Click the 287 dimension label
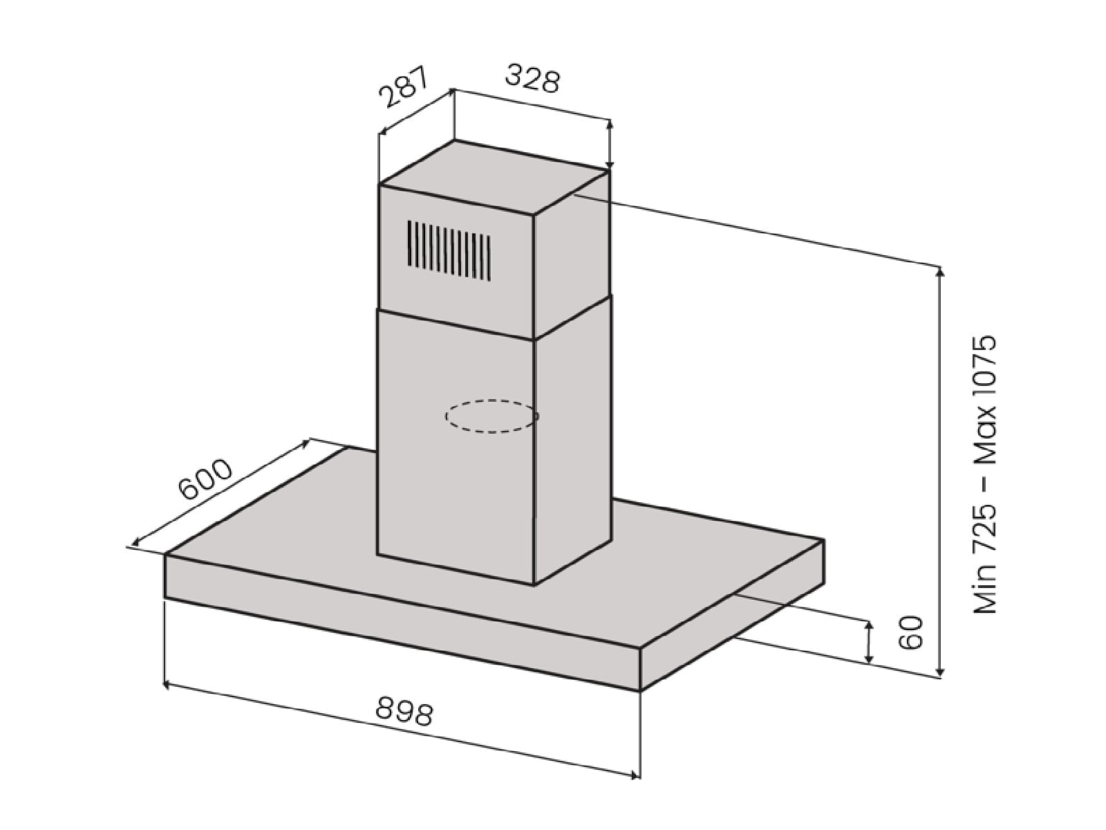404,86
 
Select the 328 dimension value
532,79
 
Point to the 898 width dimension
404,711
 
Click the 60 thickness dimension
910,632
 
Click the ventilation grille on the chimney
449,250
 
